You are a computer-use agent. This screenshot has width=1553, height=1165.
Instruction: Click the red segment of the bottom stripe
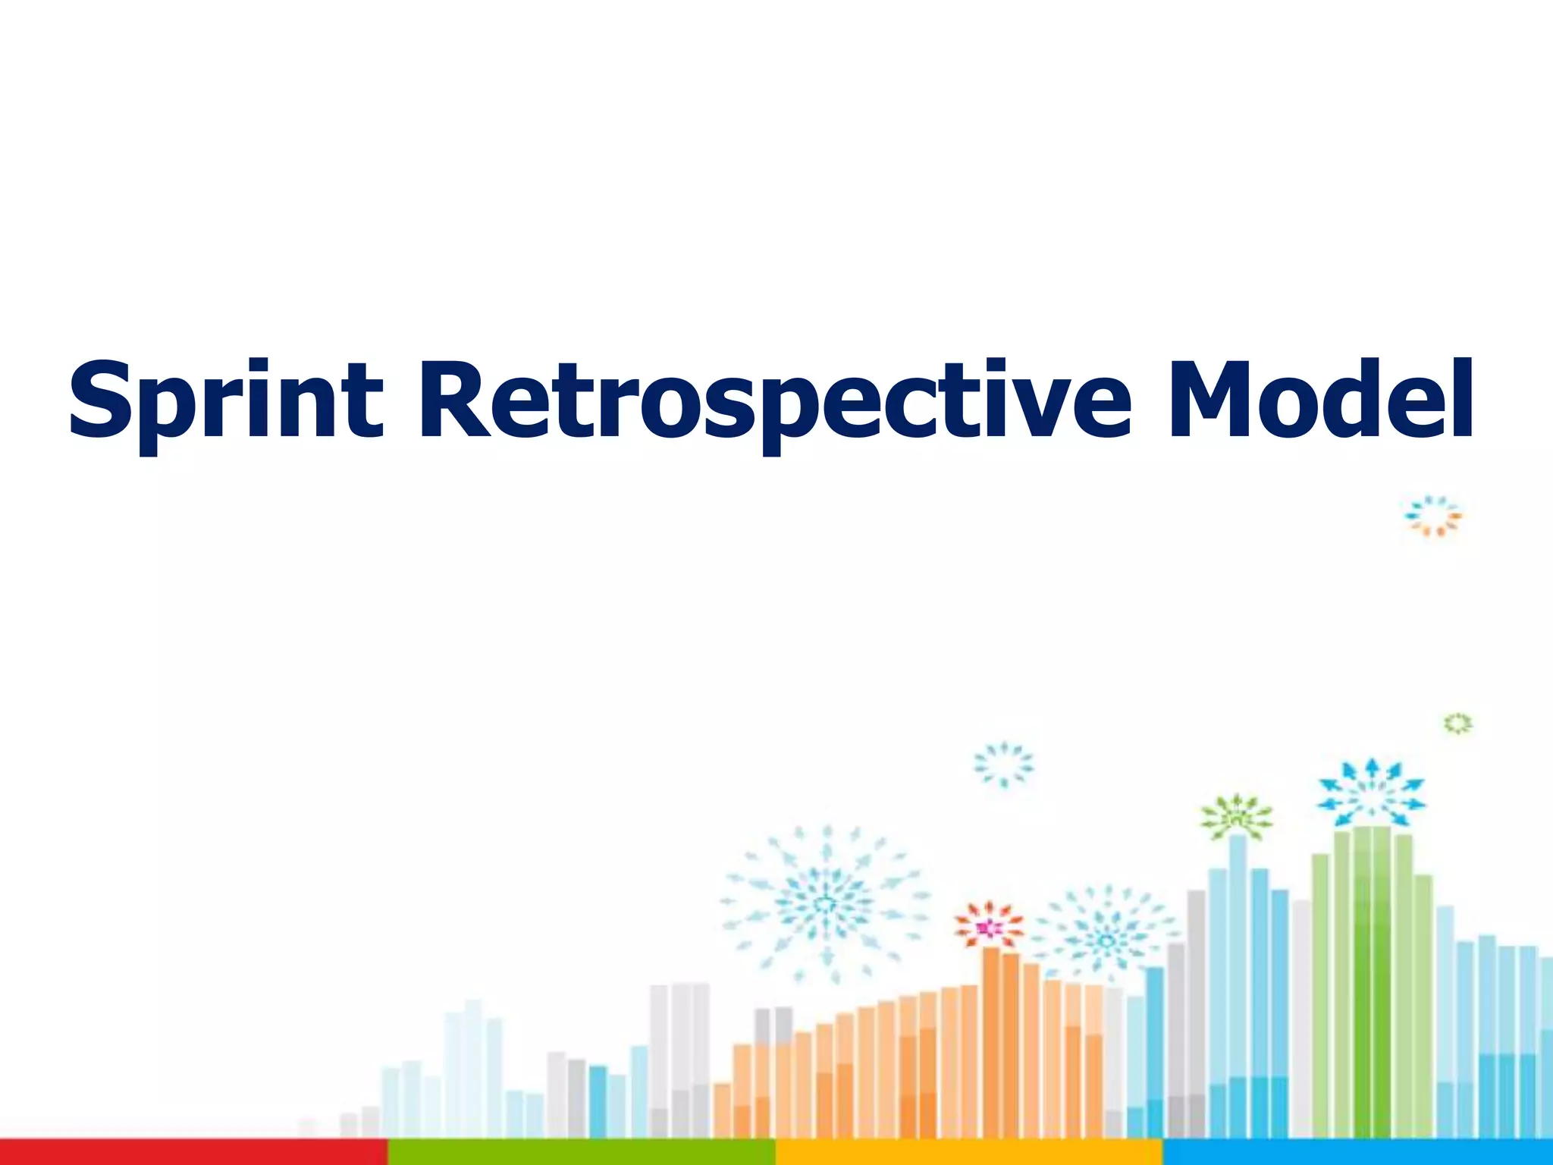[193, 1151]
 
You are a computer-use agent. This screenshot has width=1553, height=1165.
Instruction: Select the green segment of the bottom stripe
[582, 1151]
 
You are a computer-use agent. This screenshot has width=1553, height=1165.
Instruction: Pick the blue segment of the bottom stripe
[1357, 1151]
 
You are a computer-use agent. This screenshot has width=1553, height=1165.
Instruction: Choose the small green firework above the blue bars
[1237, 818]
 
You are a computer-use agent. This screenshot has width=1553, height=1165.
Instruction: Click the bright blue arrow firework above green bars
[1371, 793]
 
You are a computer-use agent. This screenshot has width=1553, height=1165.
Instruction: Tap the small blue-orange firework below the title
[1432, 517]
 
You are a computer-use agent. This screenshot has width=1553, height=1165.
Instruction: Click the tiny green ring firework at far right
[1457, 724]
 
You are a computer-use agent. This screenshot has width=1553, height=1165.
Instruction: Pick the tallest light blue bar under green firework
[1238, 986]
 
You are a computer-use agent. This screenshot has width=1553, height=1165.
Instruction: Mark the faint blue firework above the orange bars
[1003, 765]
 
